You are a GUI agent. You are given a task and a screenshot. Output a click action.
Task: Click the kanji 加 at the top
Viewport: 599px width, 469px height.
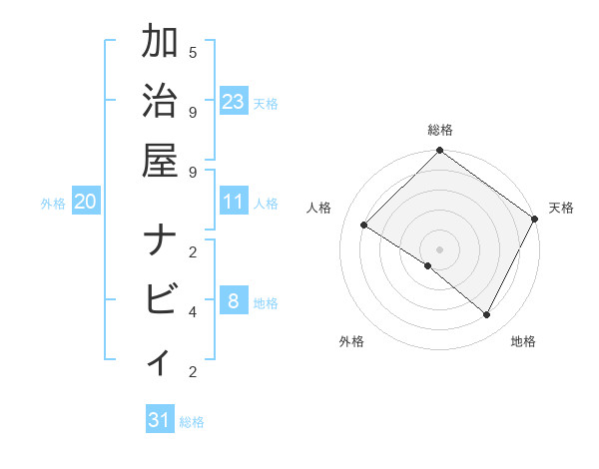(x=161, y=43)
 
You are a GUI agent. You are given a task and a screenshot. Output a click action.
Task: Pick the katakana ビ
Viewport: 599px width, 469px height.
(x=161, y=300)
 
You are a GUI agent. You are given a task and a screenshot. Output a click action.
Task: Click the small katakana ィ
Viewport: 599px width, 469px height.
(x=161, y=361)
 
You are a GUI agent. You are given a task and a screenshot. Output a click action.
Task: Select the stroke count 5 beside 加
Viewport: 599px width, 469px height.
(x=192, y=52)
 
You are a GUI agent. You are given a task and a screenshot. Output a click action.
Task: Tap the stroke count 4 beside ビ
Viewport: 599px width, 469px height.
(x=192, y=311)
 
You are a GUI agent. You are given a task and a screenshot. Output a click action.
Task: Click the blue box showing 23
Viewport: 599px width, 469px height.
(x=234, y=101)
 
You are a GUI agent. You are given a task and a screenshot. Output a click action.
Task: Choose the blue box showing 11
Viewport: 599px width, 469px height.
(x=234, y=202)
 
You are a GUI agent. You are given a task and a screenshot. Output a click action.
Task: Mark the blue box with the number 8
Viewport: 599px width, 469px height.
(x=233, y=301)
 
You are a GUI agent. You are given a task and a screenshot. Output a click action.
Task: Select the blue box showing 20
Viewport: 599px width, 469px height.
(x=85, y=202)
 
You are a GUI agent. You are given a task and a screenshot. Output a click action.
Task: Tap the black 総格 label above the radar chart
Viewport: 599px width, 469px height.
(x=440, y=130)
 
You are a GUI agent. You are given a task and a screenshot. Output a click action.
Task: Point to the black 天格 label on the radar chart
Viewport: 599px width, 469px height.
(x=561, y=208)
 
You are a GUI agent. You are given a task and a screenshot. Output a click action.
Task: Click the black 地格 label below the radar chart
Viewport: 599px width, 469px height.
(x=523, y=341)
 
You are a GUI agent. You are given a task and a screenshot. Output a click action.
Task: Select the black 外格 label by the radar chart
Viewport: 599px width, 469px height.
(x=351, y=341)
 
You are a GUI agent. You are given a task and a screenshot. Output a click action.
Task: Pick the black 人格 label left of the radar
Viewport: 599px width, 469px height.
(x=319, y=208)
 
